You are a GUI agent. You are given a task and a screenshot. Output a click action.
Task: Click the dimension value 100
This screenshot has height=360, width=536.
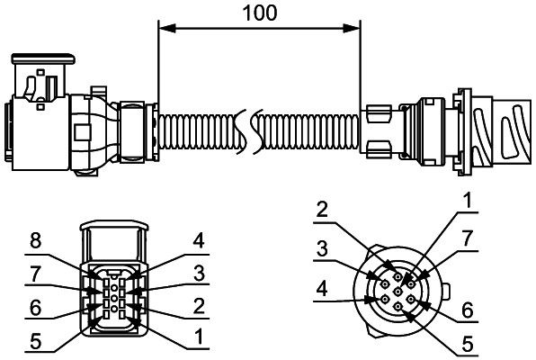pyautogui.click(x=260, y=13)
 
